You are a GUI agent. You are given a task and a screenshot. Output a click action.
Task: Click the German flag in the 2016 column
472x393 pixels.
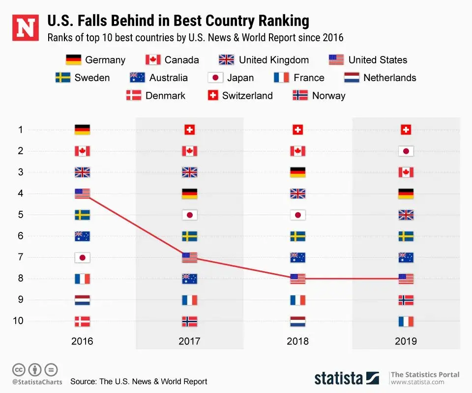(x=82, y=130)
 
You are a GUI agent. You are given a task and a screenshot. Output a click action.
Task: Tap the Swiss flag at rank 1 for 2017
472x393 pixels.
(x=190, y=130)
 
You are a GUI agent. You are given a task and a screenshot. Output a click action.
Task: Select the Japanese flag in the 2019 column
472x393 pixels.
(x=406, y=151)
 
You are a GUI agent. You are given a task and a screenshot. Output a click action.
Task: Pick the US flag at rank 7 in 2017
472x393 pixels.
(x=190, y=257)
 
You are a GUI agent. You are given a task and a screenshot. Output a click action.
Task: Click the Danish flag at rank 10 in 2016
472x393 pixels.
(x=82, y=321)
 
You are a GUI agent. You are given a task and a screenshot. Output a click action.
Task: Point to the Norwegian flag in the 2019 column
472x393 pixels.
(x=406, y=300)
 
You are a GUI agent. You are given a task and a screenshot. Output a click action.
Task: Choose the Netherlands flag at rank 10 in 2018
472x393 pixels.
(x=298, y=321)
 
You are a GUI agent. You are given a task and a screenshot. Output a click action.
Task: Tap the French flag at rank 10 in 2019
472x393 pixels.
(x=406, y=321)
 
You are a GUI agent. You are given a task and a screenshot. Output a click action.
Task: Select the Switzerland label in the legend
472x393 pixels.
(x=247, y=95)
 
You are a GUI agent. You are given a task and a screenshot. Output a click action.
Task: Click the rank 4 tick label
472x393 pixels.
(x=21, y=194)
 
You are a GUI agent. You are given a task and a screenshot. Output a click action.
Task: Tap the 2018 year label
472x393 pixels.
(x=298, y=341)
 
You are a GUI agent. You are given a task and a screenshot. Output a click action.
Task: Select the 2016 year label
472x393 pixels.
(x=82, y=341)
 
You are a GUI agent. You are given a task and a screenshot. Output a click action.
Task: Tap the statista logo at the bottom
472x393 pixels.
(x=347, y=378)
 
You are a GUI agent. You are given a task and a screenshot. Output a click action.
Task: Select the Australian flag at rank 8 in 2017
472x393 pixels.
(x=190, y=279)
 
